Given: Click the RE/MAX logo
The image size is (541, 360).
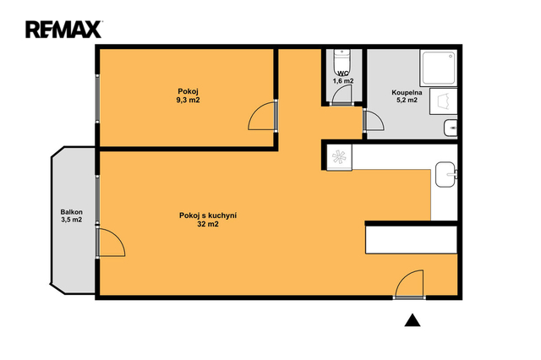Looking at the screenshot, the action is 63,30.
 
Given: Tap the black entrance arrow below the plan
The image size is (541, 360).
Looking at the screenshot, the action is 413,320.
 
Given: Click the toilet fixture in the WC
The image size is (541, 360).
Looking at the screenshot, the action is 342,62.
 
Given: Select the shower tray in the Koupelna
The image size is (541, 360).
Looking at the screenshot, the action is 438,68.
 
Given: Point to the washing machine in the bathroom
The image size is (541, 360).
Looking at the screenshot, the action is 443,101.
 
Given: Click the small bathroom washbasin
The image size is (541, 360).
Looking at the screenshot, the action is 451,128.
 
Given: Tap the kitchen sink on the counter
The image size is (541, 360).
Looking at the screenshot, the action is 445,174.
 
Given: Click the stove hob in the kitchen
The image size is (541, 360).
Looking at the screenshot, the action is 339,157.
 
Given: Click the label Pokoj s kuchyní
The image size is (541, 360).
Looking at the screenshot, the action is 208,215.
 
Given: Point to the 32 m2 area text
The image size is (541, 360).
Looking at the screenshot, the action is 208,225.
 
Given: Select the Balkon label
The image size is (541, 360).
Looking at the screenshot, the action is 71,212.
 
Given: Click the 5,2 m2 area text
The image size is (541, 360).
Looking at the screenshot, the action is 407,100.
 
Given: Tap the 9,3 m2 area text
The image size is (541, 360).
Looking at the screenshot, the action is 188,101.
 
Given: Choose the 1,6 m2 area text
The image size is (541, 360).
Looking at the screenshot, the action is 343,81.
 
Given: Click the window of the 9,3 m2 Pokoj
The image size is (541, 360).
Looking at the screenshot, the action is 97,98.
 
